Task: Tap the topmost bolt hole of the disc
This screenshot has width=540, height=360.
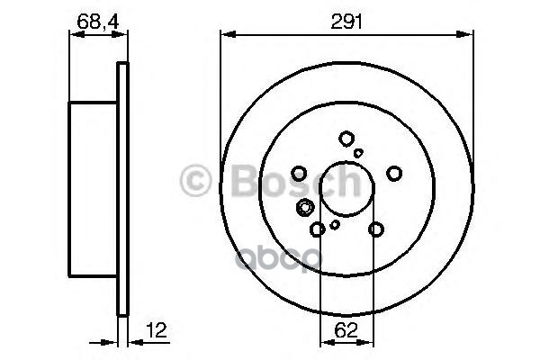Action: (x=346, y=139)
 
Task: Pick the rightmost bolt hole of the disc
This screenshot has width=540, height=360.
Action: (x=393, y=173)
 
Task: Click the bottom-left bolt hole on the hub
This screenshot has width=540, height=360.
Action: (x=317, y=229)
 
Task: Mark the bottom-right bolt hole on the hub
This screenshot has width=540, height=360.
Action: (x=376, y=229)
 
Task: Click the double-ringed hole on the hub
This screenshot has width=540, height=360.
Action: (x=305, y=209)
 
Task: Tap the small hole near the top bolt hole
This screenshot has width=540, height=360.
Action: (x=358, y=153)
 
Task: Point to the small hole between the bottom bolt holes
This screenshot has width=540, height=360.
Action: (x=335, y=224)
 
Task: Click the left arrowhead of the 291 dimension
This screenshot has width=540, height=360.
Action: (x=225, y=35)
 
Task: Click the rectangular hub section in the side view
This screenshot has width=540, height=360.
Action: (x=93, y=189)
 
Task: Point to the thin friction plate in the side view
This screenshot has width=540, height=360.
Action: (x=123, y=189)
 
